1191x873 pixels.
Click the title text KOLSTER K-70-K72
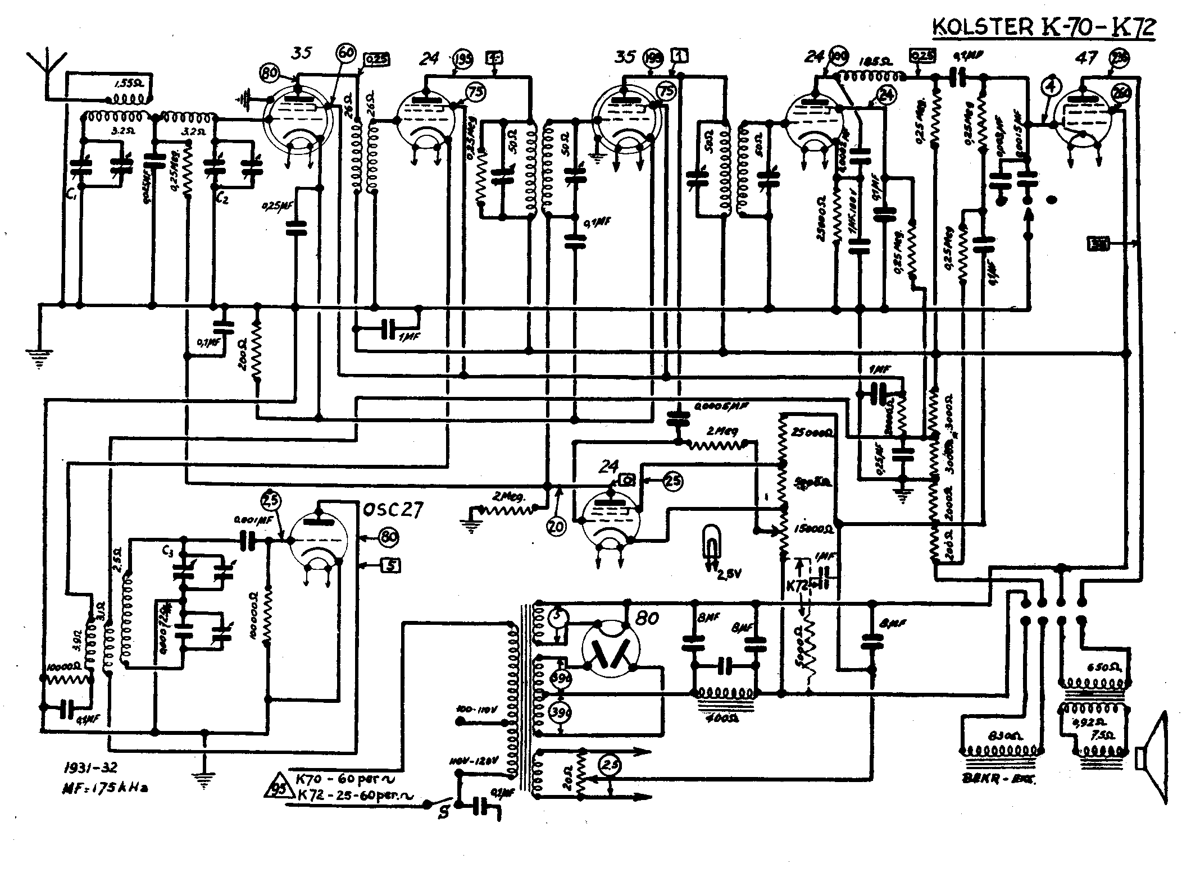pyautogui.click(x=1044, y=27)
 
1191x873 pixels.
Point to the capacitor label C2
pyautogui.click(x=223, y=198)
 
